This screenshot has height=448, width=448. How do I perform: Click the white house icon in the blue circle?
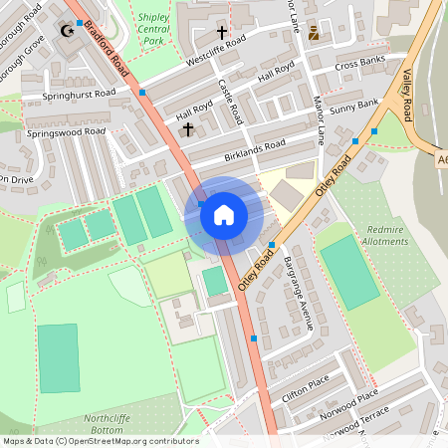(223, 214)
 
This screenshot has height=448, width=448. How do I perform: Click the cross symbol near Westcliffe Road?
(222, 33)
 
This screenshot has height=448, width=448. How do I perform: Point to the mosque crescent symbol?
(68, 30)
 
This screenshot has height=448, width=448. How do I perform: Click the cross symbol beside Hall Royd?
(186, 129)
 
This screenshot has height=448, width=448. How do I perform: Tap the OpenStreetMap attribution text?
(101, 441)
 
